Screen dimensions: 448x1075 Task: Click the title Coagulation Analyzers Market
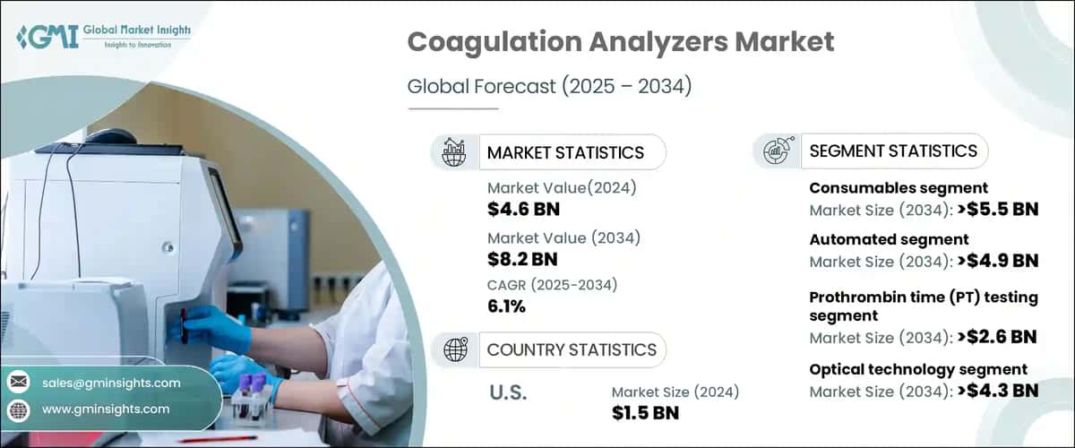620,42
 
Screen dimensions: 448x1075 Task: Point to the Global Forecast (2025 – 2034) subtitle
549,87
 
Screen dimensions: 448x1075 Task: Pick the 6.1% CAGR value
506,307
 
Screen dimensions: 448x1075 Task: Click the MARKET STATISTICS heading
564,152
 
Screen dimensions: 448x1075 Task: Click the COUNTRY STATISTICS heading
571,349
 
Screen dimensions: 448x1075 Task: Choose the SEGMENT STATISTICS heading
892,151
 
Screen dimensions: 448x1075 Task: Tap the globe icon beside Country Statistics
456,349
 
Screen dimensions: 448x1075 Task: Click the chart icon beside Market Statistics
456,152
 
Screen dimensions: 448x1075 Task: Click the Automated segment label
876,239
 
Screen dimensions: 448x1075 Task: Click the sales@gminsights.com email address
111,383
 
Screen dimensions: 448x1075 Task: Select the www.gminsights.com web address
106,409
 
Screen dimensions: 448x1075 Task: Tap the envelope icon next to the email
19,383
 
